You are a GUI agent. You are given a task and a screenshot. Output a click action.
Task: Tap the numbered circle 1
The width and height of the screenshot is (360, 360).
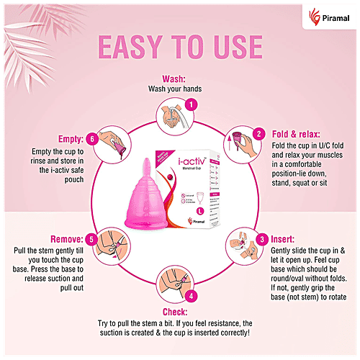[x=190, y=104]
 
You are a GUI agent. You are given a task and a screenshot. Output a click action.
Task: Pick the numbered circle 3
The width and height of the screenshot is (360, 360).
[x=264, y=238]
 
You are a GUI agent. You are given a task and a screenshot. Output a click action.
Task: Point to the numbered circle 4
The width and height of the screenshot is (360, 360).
[x=190, y=295]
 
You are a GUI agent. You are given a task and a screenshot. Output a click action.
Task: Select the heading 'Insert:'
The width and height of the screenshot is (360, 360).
[x=287, y=239]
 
